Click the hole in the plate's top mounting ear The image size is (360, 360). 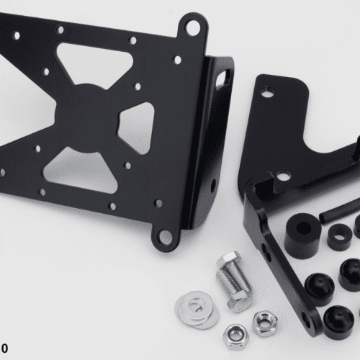coord(192,27)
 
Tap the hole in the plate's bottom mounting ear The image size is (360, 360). coord(166,237)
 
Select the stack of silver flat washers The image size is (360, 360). coord(197,309)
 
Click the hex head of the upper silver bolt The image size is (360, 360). coord(228,258)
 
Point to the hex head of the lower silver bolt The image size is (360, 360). coord(237,302)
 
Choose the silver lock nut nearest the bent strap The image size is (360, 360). coord(265,323)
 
